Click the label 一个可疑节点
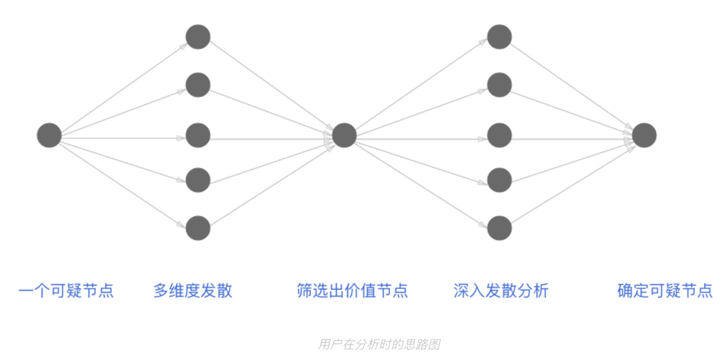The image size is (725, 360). click(x=66, y=290)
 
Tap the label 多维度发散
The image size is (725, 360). click(x=193, y=290)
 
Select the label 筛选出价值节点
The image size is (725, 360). click(x=352, y=290)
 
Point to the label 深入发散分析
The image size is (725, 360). click(x=501, y=290)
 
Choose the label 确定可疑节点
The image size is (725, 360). click(x=665, y=290)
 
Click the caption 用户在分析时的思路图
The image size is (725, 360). click(x=379, y=344)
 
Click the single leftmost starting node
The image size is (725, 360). click(x=50, y=135)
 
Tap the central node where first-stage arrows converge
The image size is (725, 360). click(x=344, y=135)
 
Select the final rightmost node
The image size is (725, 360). click(x=644, y=135)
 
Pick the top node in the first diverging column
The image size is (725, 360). click(x=198, y=37)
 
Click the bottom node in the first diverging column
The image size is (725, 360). click(x=198, y=228)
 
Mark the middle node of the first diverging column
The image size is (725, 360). click(x=198, y=135)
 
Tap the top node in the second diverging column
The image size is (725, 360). click(x=500, y=37)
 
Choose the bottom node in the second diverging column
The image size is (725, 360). click(x=500, y=228)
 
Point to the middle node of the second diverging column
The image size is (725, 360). click(x=500, y=135)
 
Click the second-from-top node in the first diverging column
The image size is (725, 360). click(x=198, y=85)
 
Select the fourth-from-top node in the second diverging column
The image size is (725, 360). click(x=500, y=180)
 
